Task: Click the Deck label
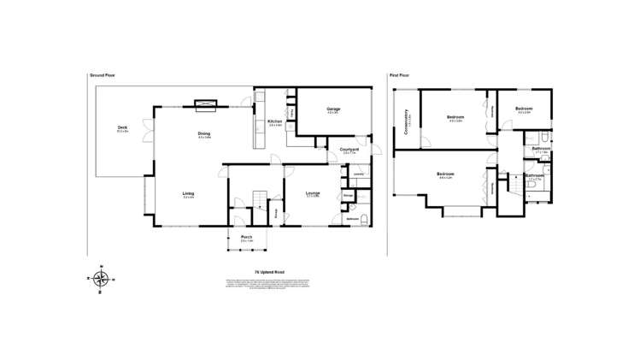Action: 123,129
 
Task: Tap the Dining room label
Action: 204,134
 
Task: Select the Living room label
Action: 188,194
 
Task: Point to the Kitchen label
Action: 274,122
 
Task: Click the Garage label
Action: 333,109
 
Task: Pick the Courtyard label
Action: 348,150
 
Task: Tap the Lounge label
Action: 313,194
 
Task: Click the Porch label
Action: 246,237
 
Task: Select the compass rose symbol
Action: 101,279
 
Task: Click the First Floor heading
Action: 400,75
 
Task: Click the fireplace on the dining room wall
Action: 206,105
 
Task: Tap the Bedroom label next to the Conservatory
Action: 455,117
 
